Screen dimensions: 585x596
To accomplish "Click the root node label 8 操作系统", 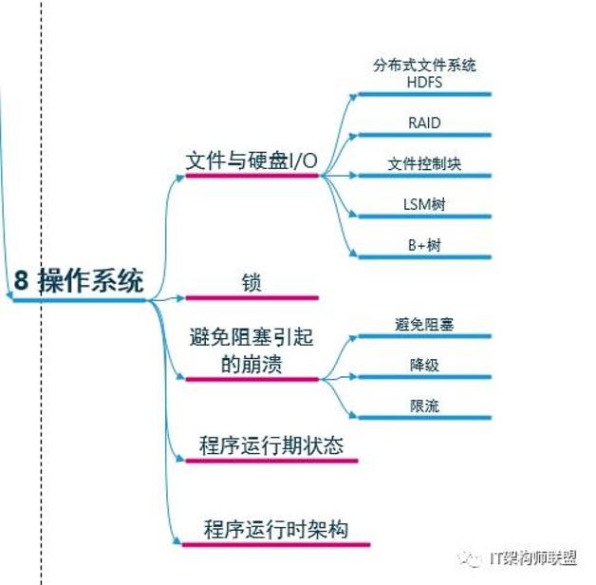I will pyautogui.click(x=79, y=281).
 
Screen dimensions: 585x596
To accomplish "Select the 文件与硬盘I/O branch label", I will pyautogui.click(x=251, y=160).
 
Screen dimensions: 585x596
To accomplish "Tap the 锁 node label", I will pyautogui.click(x=251, y=283).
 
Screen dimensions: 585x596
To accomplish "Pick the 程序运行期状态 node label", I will pyautogui.click(x=271, y=445).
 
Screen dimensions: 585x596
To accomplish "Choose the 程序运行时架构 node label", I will pyautogui.click(x=275, y=528).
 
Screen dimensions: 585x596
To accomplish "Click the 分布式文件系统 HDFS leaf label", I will pyautogui.click(x=423, y=73).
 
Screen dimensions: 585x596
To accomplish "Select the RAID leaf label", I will pyautogui.click(x=423, y=123).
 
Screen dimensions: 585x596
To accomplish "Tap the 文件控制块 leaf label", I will pyautogui.click(x=423, y=163).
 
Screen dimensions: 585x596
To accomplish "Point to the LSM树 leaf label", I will pyautogui.click(x=423, y=203).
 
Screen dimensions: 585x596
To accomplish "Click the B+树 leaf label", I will pyautogui.click(x=423, y=244).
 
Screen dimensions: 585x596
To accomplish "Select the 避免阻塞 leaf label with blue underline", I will pyautogui.click(x=423, y=325).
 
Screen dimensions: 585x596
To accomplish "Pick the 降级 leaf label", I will pyautogui.click(x=423, y=366).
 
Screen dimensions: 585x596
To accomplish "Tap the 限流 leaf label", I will pyautogui.click(x=423, y=406).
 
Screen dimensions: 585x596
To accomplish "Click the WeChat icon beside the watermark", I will pyautogui.click(x=472, y=557).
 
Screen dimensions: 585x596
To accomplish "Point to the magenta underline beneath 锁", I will pyautogui.click(x=251, y=298).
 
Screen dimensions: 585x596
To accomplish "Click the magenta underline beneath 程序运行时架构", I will pyautogui.click(x=275, y=544).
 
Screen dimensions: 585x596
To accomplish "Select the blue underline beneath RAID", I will pyautogui.click(x=423, y=136).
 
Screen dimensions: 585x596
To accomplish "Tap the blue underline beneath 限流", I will pyautogui.click(x=423, y=419).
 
